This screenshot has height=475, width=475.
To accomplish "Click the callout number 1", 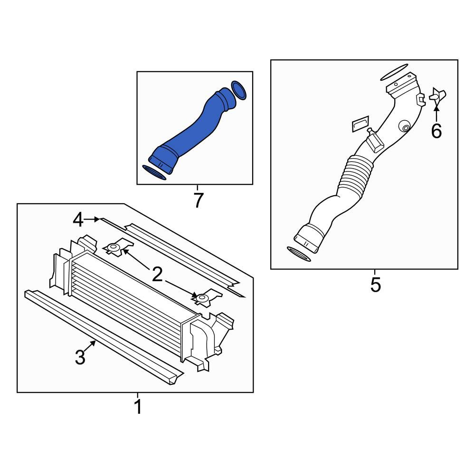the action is point(138,407).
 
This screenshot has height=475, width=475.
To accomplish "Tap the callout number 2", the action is point(157,275).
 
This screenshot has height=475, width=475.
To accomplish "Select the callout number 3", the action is point(80,357).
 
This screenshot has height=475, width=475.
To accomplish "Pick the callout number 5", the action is point(375,285).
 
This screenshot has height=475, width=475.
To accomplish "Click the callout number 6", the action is point(436,131).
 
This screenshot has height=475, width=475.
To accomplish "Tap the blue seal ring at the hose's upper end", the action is point(238,90).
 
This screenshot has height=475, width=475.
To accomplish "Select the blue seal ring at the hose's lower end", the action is point(154,172).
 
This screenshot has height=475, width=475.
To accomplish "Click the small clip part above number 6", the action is point(438,95).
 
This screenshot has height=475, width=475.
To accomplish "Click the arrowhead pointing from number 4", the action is point(97,219).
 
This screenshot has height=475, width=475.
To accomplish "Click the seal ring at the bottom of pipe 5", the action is point(298,254).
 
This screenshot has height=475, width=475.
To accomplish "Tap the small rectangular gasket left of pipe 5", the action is point(361,123).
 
